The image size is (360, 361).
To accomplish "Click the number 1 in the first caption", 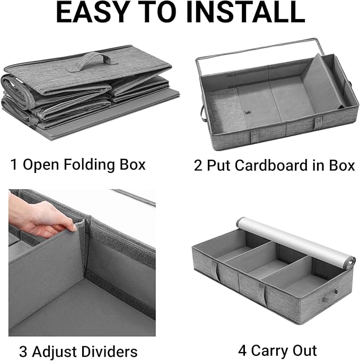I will pyautogui.click(x=14, y=165).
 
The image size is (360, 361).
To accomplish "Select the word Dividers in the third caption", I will pyautogui.click(x=110, y=351).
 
